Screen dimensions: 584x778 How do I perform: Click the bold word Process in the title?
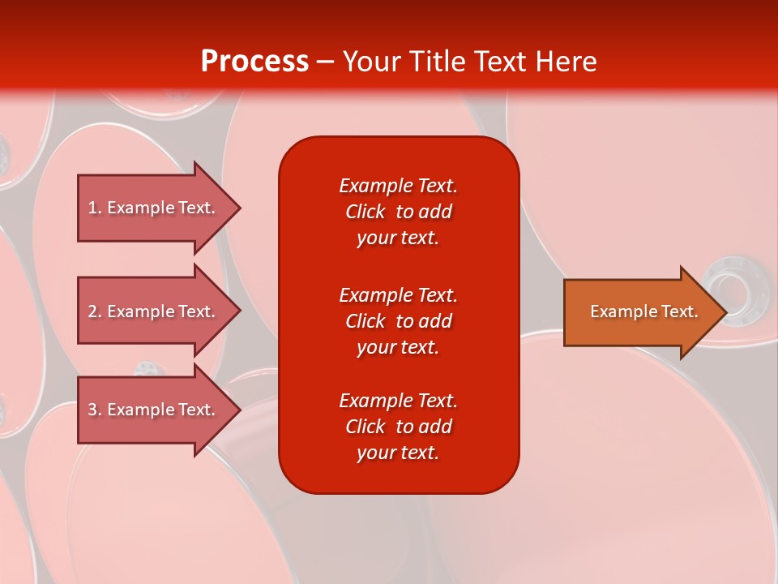click(254, 62)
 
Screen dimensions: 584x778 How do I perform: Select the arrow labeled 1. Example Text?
click(154, 208)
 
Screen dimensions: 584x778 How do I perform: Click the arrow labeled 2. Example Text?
click(154, 311)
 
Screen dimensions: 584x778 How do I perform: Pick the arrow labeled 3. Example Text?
click(154, 410)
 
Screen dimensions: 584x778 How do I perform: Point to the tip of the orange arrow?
click(724, 312)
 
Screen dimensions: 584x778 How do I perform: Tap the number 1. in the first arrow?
click(95, 208)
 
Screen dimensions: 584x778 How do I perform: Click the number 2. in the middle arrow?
click(95, 311)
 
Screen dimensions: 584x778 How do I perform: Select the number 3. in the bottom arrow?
click(95, 410)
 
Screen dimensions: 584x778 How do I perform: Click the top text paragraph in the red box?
click(398, 212)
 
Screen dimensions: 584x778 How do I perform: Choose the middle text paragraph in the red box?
click(398, 321)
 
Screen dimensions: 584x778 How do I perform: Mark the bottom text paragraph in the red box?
click(398, 427)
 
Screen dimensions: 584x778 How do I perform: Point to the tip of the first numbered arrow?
click(238, 208)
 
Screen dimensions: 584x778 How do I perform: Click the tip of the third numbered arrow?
click(238, 410)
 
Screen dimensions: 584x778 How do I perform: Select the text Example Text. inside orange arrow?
click(643, 311)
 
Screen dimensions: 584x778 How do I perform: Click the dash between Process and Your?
click(325, 62)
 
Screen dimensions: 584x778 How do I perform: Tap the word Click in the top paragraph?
click(365, 212)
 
